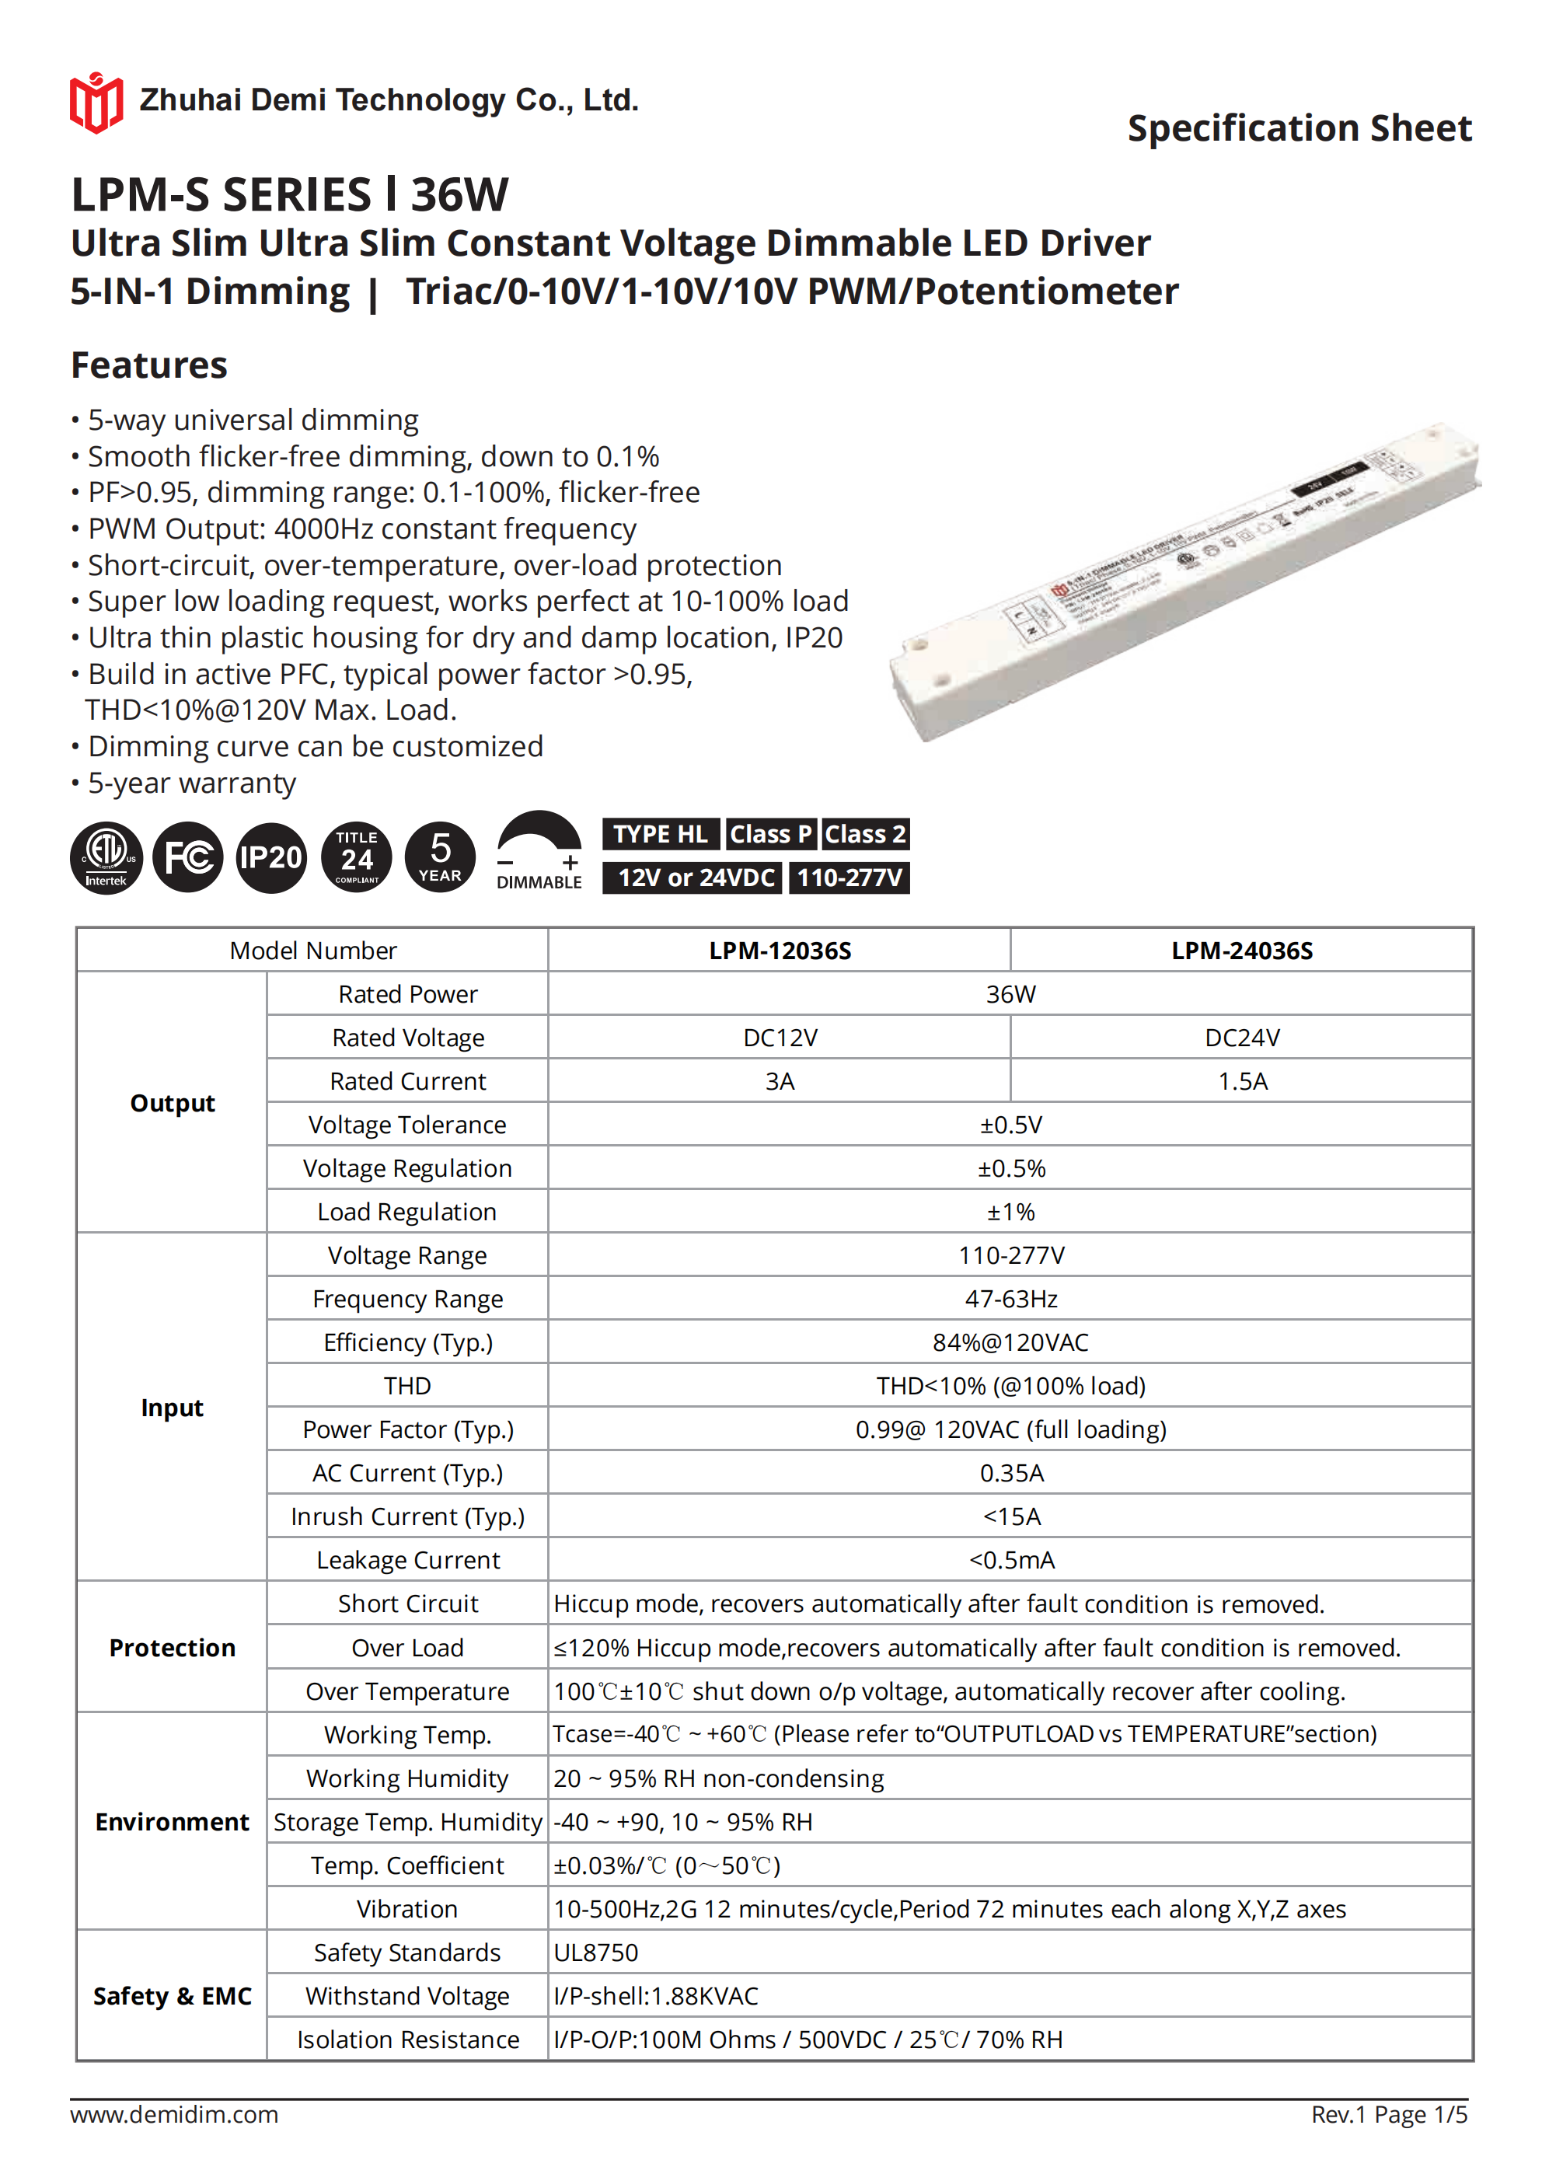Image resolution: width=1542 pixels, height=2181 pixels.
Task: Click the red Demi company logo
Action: coord(96,103)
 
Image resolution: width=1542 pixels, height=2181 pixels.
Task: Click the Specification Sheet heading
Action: coord(1299,128)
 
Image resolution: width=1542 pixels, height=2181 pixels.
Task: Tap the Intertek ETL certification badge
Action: coord(106,858)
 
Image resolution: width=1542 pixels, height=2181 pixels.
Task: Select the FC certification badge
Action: coord(188,858)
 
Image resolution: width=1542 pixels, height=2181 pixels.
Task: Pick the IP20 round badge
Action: coord(270,858)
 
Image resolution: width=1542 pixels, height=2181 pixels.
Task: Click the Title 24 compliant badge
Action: coord(358,858)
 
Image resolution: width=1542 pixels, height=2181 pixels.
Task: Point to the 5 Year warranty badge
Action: coord(440,858)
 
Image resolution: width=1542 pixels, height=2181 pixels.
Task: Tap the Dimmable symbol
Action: coord(539,851)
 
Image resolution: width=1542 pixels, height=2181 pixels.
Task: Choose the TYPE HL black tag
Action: coord(661,834)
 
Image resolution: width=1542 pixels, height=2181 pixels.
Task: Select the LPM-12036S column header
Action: coord(780,951)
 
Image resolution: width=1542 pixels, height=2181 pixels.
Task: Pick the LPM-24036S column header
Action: coord(1242,951)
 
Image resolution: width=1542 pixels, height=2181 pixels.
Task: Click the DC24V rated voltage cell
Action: coord(1242,1038)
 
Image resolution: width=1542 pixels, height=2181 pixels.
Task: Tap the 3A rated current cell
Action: coord(780,1081)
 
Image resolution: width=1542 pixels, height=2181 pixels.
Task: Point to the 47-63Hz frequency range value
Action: coord(1011,1299)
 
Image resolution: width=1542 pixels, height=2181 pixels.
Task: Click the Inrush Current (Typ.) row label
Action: coord(407,1517)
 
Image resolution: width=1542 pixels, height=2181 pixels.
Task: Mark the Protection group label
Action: coord(172,1648)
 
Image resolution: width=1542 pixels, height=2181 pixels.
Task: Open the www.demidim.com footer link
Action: coord(174,2114)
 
